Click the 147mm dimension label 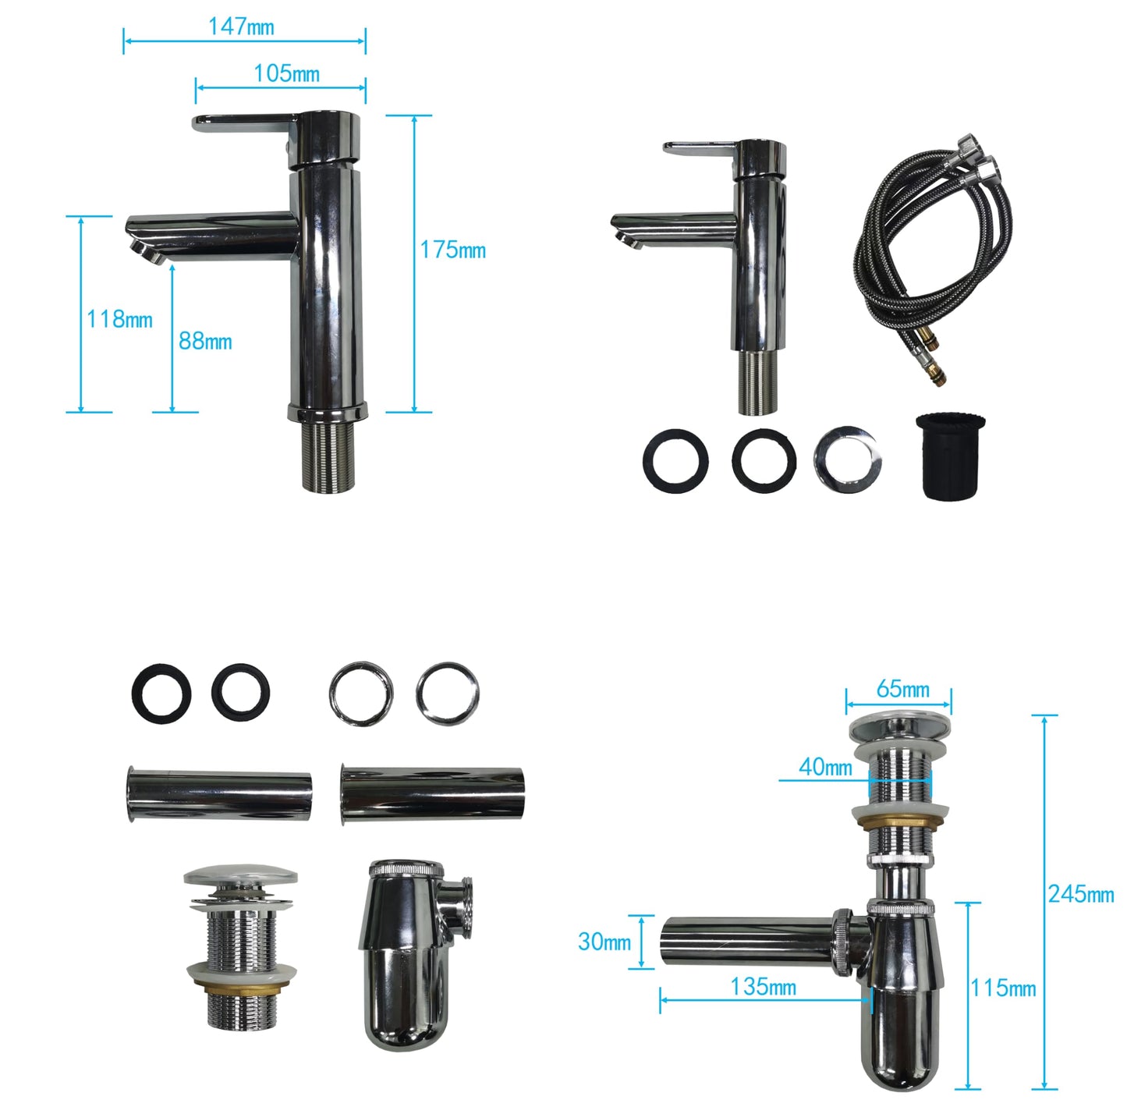pos(241,27)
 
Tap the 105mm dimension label pos(286,73)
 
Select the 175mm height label pos(452,250)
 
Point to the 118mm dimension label pos(119,320)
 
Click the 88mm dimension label pos(205,341)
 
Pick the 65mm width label pos(903,690)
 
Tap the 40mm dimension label pos(825,767)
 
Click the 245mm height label pos(1081,894)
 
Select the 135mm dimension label pos(764,987)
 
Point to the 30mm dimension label pos(604,942)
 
